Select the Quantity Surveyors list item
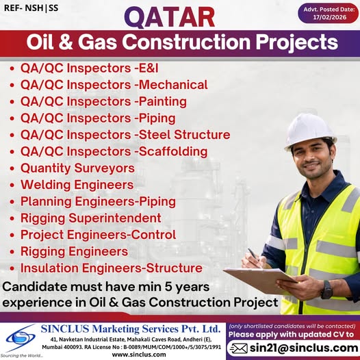click(77, 168)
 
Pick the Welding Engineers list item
click(77, 185)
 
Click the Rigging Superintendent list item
click(91, 218)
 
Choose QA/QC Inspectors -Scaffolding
click(114, 151)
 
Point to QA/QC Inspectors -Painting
click(105, 101)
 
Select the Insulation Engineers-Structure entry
click(111, 268)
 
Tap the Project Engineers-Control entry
click(98, 235)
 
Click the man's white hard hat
click(309, 128)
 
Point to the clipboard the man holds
click(259, 280)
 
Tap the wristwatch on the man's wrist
click(326, 290)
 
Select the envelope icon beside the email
click(237, 348)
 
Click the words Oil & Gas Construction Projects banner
click(182, 42)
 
